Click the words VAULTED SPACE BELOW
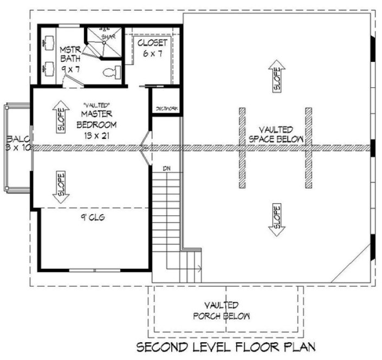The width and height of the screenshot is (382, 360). click(276, 134)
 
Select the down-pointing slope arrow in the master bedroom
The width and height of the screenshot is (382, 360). click(60, 187)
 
